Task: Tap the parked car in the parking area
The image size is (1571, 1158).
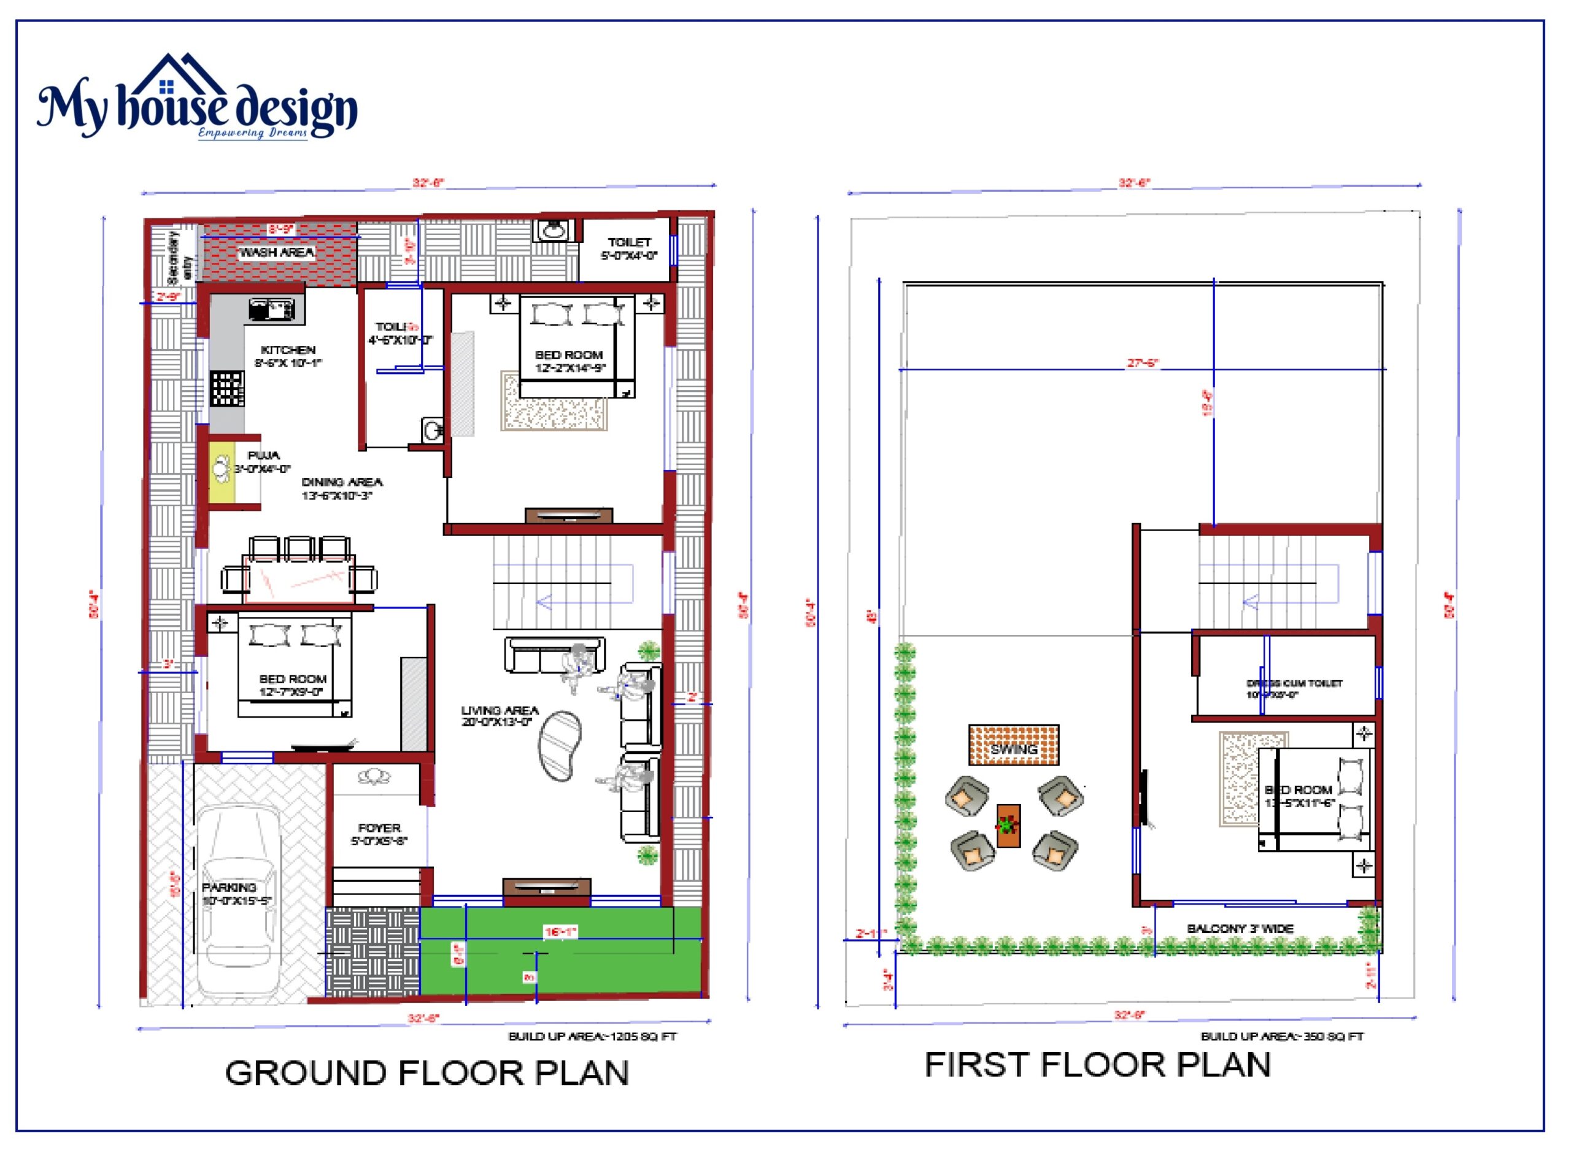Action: click(239, 904)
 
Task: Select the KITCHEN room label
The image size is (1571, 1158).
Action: click(288, 350)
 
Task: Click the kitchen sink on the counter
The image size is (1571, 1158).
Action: click(272, 309)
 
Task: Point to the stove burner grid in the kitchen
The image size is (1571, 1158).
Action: click(227, 389)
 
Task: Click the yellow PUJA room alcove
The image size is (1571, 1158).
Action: click(222, 470)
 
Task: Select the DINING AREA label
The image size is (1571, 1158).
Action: click(342, 482)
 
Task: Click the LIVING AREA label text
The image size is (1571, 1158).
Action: click(500, 710)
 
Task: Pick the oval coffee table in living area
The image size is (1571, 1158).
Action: click(559, 745)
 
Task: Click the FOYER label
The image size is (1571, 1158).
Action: click(379, 828)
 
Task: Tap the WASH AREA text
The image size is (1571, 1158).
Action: click(276, 252)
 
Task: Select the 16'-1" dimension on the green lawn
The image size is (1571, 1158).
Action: click(560, 932)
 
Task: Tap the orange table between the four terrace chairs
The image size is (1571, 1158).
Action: click(1008, 825)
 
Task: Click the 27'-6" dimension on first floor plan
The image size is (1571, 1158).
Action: click(1143, 362)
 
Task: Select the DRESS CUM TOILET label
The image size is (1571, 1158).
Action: click(1294, 683)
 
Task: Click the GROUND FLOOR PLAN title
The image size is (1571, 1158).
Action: click(427, 1073)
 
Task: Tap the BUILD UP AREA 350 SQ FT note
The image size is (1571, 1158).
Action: click(1281, 1036)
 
